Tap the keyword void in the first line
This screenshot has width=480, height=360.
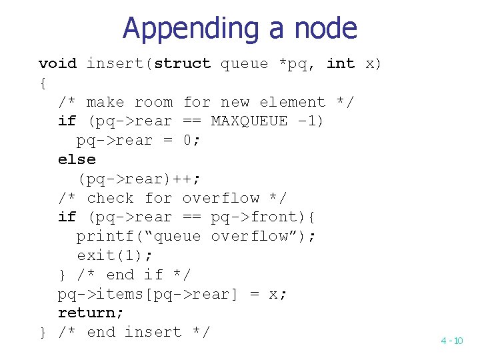pos(57,64)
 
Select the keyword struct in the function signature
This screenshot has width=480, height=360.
pos(182,64)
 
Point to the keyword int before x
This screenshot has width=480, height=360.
pos(341,64)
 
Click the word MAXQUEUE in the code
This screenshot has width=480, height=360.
pos(249,121)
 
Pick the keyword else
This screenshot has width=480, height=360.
pos(77,160)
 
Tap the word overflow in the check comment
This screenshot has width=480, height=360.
pos(221,198)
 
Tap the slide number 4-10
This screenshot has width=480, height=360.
pos(451,341)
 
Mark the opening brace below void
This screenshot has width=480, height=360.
pos(43,83)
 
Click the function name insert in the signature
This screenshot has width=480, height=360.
pos(115,64)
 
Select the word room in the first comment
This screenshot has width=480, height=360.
pos(153,103)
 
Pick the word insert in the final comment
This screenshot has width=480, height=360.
pos(153,332)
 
